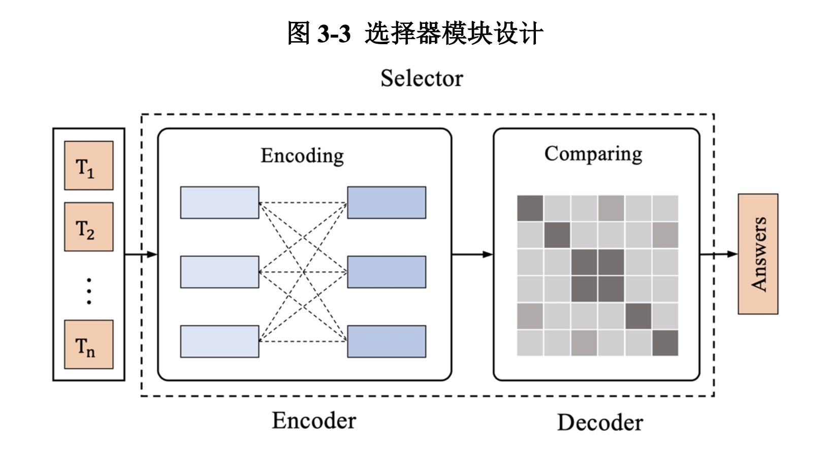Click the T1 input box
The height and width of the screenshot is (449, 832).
point(88,166)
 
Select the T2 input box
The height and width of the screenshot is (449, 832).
point(88,227)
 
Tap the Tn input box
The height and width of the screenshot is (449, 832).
point(88,344)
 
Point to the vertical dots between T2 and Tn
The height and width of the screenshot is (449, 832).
point(89,291)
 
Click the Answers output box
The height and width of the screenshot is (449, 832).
point(758,254)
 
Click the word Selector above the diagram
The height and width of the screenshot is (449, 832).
point(422,79)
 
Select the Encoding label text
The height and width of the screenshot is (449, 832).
point(302,155)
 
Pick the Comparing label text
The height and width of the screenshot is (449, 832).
point(593,154)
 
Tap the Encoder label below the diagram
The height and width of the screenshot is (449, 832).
point(314,421)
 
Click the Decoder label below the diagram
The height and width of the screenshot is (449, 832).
point(600,423)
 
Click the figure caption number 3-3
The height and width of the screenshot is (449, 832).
point(334,34)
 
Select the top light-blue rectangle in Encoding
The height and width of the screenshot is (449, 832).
point(219,203)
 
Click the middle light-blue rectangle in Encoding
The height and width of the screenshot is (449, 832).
point(219,272)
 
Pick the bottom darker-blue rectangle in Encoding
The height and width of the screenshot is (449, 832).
point(387,341)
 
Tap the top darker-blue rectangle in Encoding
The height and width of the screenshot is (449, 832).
point(387,203)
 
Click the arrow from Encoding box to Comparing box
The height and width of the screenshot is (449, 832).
point(472,254)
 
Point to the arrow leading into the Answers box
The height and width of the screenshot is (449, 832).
point(719,254)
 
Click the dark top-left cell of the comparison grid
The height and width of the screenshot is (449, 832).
point(530,208)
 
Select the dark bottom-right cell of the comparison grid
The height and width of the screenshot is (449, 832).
point(665,343)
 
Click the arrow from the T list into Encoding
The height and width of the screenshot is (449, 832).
point(141,254)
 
